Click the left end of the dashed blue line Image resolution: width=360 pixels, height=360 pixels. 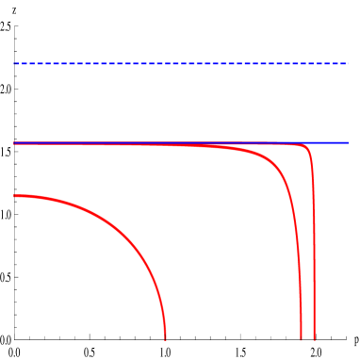click(14, 64)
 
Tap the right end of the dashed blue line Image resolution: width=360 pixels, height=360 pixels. click(346, 64)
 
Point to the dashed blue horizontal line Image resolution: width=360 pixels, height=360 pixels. click(179, 64)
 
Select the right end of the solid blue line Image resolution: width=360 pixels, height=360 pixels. click(347, 142)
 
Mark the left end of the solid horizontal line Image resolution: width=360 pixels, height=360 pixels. click(14, 143)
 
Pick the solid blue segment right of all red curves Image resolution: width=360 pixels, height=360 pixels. click(332, 142)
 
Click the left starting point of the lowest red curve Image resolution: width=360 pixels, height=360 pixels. click(14, 196)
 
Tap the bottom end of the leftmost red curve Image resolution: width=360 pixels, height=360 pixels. click(166, 337)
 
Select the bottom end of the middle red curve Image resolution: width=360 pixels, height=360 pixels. click(301, 337)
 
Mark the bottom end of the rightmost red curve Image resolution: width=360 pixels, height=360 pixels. click(314, 337)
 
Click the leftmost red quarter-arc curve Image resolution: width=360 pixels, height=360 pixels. click(113, 227)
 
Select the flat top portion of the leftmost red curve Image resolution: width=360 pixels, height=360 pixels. click(38, 198)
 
